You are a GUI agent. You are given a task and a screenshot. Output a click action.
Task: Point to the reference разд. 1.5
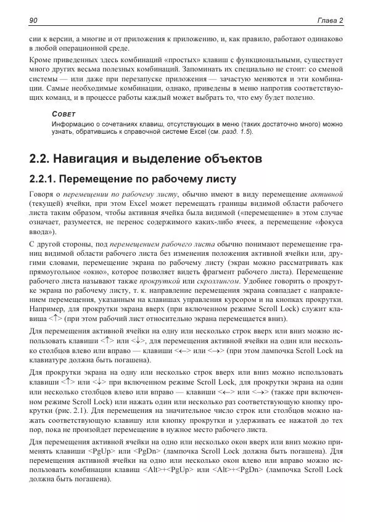pos(236,132)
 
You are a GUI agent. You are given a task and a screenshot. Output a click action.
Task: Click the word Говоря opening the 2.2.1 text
pos(43,194)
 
